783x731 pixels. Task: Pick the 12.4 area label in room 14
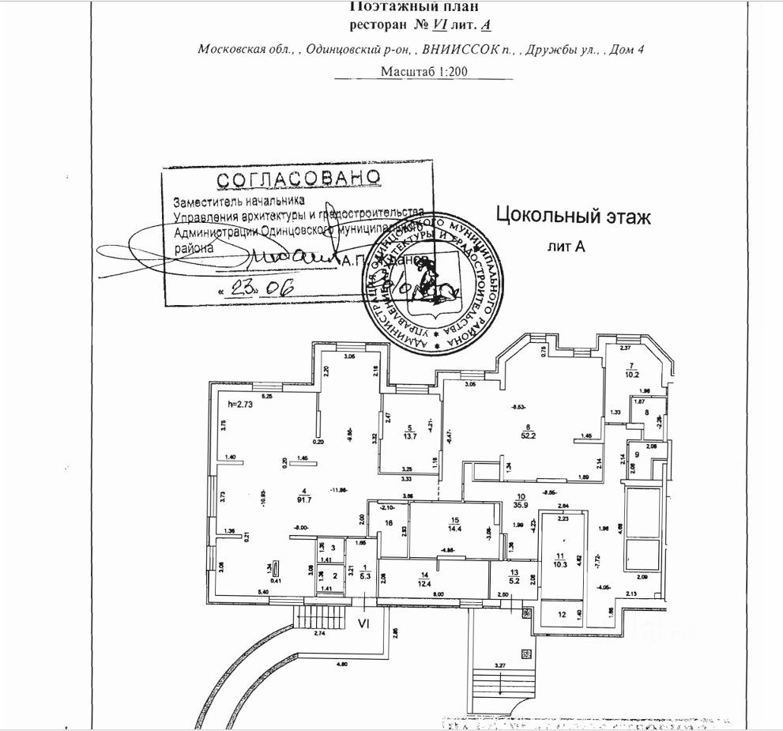tap(426, 583)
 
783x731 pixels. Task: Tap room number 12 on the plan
tap(562, 614)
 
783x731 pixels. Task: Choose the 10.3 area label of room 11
tap(561, 563)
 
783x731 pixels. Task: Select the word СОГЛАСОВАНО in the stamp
tap(299, 178)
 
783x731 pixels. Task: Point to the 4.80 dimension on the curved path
tap(341, 664)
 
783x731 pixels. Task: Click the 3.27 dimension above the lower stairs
tap(500, 665)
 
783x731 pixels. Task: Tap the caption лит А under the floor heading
tap(567, 247)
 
